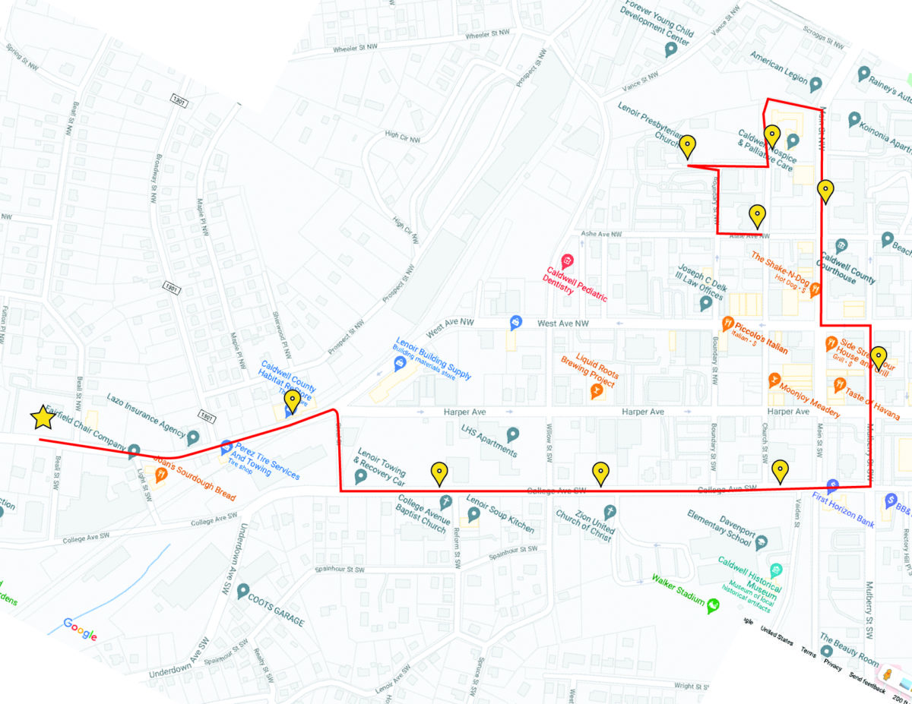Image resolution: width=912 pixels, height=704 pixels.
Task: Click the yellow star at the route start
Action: (x=43, y=417)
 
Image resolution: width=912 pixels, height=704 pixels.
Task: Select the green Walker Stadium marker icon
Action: (x=713, y=605)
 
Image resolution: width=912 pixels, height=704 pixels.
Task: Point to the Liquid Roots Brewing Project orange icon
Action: (x=597, y=391)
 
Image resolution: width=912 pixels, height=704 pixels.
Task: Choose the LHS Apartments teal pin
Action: (x=513, y=434)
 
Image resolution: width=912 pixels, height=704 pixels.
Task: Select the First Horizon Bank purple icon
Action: (x=832, y=485)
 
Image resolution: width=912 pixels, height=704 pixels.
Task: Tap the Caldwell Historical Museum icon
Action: (x=775, y=570)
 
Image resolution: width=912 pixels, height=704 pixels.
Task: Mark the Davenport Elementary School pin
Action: (x=761, y=541)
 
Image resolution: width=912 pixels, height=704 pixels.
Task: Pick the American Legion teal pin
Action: (x=815, y=84)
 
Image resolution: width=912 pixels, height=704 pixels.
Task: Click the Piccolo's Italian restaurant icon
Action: (x=727, y=322)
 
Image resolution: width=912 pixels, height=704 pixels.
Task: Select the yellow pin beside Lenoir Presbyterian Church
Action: (x=687, y=145)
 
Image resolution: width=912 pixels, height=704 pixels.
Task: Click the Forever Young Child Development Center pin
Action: (x=670, y=50)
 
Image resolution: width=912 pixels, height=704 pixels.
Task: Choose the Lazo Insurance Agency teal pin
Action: (x=193, y=437)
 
